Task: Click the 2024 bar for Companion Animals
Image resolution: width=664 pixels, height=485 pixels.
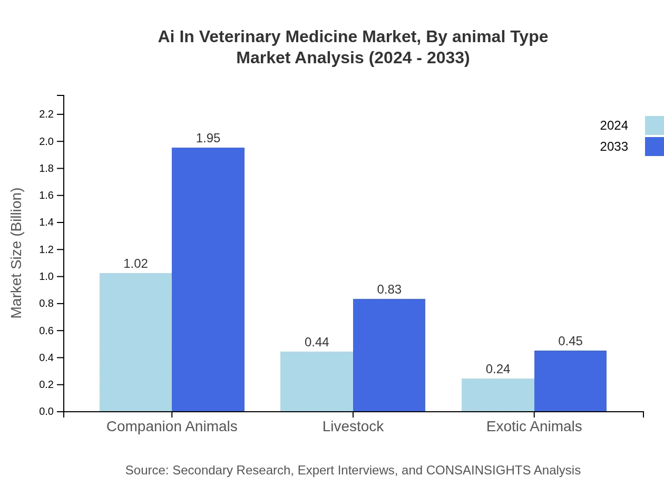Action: (135, 342)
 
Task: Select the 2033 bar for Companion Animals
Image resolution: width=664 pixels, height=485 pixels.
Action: (208, 279)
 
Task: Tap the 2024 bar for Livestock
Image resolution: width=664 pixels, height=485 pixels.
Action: (317, 381)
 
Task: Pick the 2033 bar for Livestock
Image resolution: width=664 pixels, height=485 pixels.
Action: (389, 355)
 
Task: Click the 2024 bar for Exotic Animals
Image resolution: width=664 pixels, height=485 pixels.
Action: (498, 395)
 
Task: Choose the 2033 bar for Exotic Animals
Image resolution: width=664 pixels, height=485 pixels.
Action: (570, 381)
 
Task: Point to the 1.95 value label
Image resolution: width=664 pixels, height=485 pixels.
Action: (208, 138)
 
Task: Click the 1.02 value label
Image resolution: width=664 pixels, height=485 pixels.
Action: (135, 264)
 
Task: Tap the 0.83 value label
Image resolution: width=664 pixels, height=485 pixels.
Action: (389, 289)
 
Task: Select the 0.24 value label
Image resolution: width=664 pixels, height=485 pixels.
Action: (498, 369)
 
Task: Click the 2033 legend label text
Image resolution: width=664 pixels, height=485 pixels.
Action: (614, 147)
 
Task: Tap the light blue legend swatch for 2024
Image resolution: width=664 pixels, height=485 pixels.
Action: (654, 125)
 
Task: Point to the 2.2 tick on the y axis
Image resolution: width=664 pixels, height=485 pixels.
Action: (46, 114)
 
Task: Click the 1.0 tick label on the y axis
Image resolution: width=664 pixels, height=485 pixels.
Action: (46, 277)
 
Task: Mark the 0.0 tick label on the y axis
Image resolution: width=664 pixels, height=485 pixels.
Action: (46, 412)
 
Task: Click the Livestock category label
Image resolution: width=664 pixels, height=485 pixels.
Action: (353, 426)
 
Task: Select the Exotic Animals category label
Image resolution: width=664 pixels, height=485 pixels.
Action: (534, 426)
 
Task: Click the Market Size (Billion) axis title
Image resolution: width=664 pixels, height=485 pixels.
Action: (16, 253)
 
